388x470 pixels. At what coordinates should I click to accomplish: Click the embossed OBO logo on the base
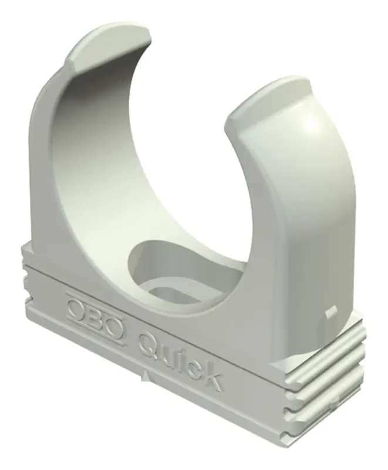(x=94, y=317)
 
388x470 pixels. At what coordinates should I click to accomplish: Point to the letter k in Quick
(x=211, y=374)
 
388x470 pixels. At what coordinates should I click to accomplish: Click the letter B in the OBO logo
(x=95, y=317)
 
